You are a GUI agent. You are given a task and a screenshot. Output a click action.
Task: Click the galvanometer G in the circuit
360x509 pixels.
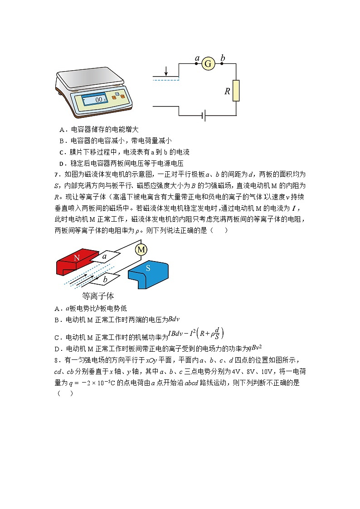point(208,64)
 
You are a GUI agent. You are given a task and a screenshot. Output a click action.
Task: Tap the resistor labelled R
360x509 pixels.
point(236,91)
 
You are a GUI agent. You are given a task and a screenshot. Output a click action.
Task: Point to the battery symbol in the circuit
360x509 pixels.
point(204,116)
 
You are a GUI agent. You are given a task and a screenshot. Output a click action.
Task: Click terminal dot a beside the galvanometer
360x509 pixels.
point(196,64)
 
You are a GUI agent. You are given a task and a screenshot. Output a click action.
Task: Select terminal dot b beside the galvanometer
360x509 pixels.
point(222,64)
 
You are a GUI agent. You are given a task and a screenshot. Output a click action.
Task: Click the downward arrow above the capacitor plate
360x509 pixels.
point(166,71)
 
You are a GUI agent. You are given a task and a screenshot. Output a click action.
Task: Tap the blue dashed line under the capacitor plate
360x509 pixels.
point(166,80)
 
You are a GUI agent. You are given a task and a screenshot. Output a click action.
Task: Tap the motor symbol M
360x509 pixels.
point(141,250)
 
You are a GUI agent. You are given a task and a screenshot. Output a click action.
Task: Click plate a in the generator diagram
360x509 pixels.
point(105,257)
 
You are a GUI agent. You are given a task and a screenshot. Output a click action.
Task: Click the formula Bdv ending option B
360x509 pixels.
point(175,319)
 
